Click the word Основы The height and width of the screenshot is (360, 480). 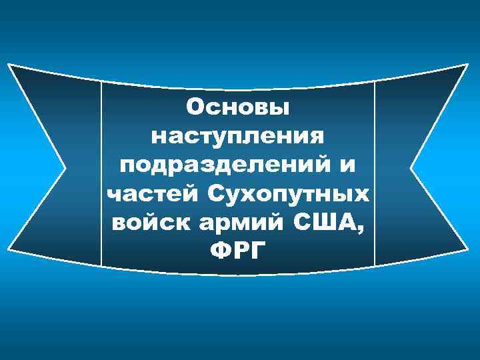point(239,107)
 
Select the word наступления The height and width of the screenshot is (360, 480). point(239,136)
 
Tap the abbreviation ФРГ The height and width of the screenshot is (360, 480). point(238,251)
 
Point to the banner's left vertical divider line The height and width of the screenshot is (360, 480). point(101,173)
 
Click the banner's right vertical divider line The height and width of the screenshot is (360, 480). point(375,173)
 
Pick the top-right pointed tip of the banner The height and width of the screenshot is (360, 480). point(469,65)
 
